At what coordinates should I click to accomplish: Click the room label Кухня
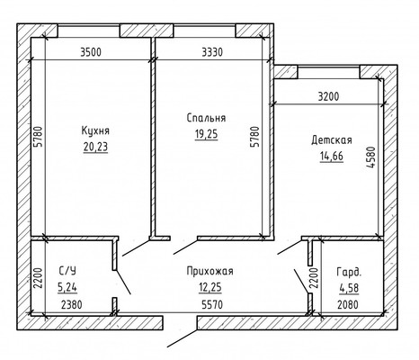(95, 130)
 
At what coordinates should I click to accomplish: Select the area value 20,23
(95, 147)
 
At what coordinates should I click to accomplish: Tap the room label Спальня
(206, 118)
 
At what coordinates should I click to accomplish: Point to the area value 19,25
(206, 134)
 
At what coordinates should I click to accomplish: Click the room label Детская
(332, 140)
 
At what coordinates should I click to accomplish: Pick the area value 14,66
(332, 157)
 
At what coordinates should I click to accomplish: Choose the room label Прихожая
(209, 271)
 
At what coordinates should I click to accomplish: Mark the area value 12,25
(209, 287)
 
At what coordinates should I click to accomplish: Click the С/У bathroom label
(67, 271)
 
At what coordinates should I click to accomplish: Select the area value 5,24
(67, 288)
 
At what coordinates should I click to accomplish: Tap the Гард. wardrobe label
(349, 272)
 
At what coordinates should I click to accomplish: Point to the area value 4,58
(349, 288)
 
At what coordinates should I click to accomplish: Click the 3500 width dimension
(91, 52)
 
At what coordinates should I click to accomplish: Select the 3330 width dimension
(212, 52)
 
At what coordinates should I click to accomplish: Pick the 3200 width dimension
(328, 96)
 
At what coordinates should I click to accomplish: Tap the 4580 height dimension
(371, 157)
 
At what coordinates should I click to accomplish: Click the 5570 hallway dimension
(212, 305)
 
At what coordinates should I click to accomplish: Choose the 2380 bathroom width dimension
(71, 305)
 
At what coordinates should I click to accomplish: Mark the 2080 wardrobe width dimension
(348, 305)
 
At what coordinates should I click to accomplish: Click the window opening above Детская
(328, 72)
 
